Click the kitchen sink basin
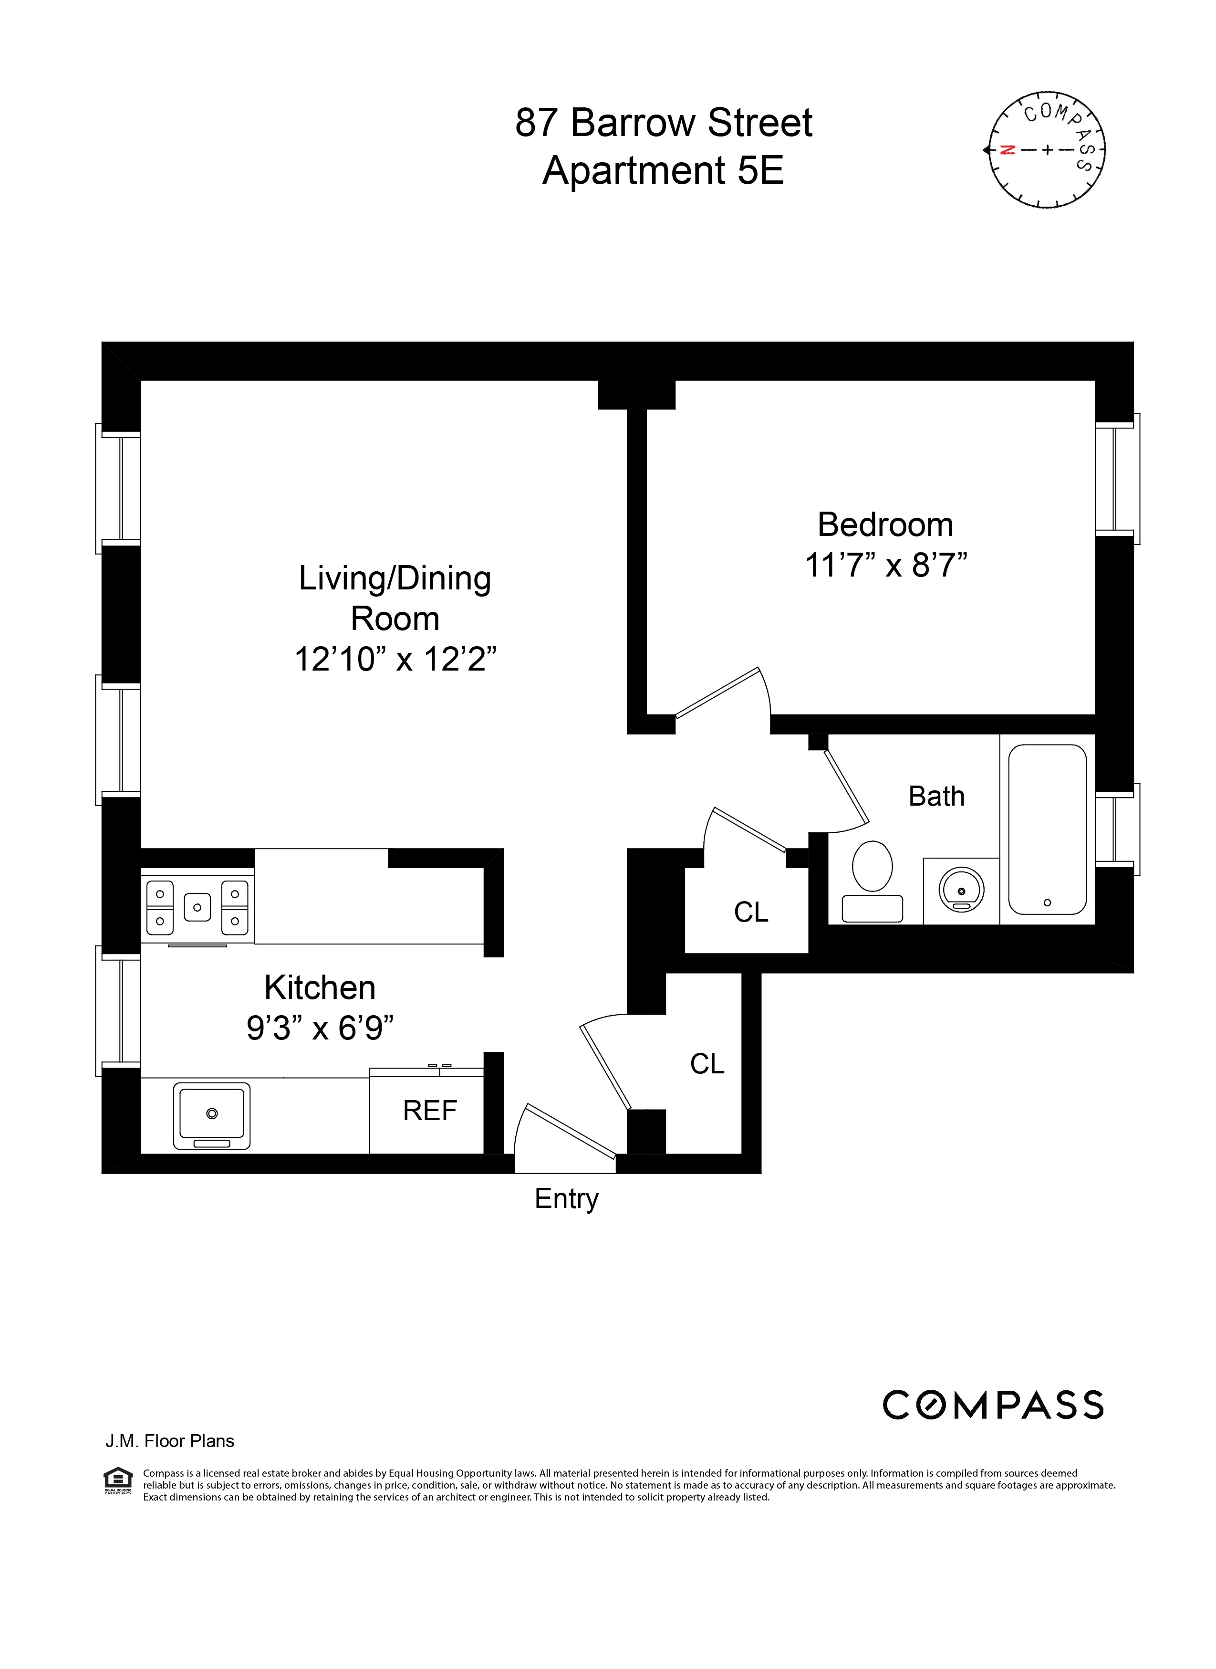(x=211, y=1114)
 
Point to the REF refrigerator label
(x=430, y=1110)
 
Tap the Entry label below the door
(x=566, y=1198)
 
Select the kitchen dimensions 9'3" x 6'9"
(x=320, y=1028)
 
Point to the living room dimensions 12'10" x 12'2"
(x=395, y=659)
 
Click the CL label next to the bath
(x=751, y=912)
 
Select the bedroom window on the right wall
(x=1117, y=479)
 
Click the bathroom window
(x=1117, y=829)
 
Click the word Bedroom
(x=885, y=525)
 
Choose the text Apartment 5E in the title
(x=663, y=171)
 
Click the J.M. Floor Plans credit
(x=169, y=1441)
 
